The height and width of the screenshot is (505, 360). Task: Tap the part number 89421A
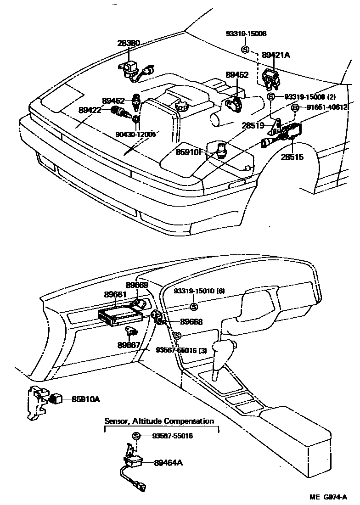point(276,55)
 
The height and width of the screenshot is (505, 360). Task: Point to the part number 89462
point(113,101)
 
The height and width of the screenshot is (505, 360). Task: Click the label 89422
point(90,110)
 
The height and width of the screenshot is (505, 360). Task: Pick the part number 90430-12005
point(135,134)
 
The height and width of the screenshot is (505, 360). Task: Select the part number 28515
point(292,157)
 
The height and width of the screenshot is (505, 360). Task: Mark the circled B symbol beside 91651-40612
point(296,107)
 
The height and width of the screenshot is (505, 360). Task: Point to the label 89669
point(137,285)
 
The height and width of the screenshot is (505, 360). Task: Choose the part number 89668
point(191,322)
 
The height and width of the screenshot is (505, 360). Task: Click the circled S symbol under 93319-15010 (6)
point(193,307)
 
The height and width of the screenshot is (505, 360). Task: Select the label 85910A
point(85,399)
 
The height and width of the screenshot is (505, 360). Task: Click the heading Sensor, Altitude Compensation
point(159,421)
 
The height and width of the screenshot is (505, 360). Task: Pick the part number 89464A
point(169,463)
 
